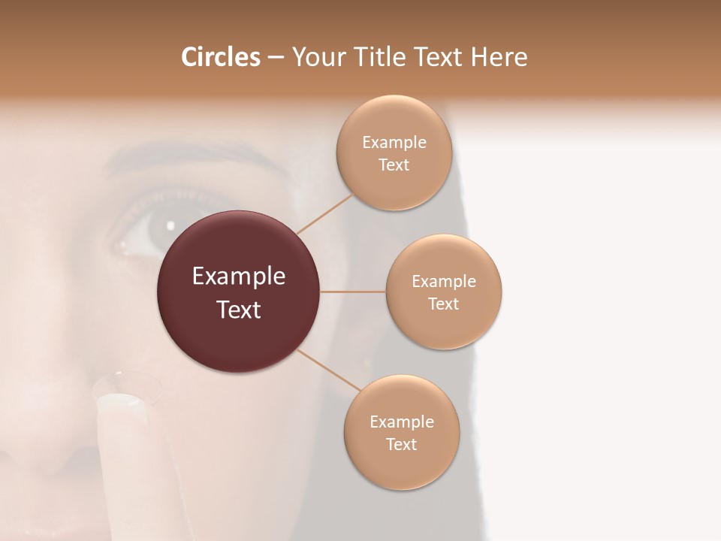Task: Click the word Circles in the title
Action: pos(220,57)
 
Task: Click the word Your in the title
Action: pos(316,57)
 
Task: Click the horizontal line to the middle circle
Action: pos(353,292)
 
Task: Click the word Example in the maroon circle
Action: pos(238,277)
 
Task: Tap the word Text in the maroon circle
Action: pos(238,310)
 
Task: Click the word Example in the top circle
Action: pos(394,143)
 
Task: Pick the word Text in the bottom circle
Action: pos(401,444)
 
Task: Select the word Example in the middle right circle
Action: pos(444,282)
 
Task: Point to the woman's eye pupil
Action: pos(164,225)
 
